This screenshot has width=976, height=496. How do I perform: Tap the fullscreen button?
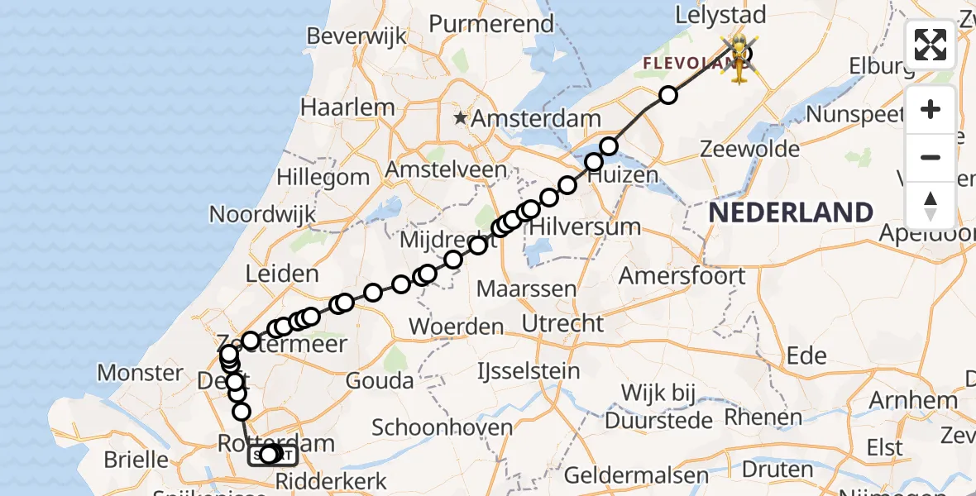tap(931, 45)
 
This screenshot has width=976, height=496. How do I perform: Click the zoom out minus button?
tap(931, 157)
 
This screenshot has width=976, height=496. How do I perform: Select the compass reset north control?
tap(931, 205)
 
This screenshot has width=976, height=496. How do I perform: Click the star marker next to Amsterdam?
tap(462, 119)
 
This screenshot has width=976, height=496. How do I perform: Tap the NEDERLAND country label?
tap(791, 212)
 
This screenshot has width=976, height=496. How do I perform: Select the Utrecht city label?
tap(563, 322)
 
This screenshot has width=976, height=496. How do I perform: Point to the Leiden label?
tap(282, 274)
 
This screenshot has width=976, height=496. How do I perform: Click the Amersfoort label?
tap(682, 275)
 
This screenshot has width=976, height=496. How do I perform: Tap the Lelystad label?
tap(720, 15)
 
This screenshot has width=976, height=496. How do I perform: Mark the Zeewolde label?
tap(749, 150)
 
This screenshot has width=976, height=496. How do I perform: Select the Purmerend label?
tap(491, 24)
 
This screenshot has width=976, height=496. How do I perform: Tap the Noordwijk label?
tap(261, 214)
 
